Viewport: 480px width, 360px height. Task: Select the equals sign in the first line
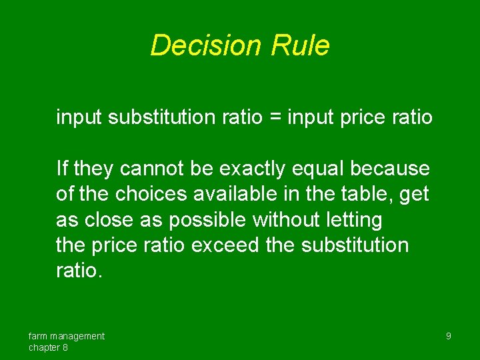point(275,118)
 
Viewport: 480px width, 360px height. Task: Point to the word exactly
point(249,169)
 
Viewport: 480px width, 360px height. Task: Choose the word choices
point(148,195)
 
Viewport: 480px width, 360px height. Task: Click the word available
point(230,195)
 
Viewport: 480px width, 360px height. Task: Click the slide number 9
point(448,336)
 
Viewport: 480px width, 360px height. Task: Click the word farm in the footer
point(37,336)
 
